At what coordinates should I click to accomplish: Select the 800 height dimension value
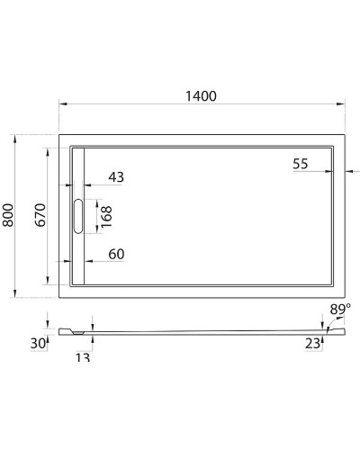coord(9,215)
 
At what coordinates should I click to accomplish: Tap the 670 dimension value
coord(40,215)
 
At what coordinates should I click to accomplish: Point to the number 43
coord(116,177)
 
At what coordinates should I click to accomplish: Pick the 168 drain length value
coord(106,217)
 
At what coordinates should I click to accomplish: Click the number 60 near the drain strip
coord(116,254)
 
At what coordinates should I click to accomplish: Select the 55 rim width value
coord(301,163)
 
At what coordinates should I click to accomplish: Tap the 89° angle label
coord(339,310)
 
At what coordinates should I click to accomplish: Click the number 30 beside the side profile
coord(37,343)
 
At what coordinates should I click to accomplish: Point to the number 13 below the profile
coord(83,358)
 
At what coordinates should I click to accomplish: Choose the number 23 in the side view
coord(310,343)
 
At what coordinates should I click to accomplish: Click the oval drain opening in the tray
coord(78,217)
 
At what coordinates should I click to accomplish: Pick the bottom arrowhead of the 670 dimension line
coord(49,281)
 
